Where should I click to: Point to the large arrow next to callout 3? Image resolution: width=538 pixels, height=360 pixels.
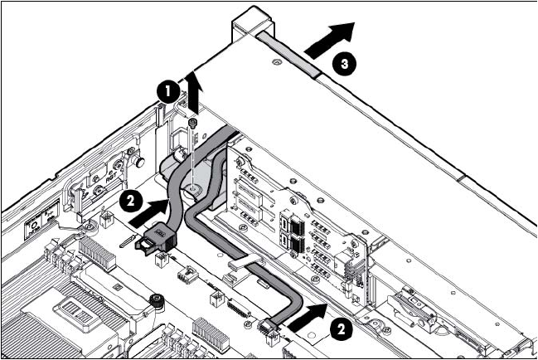pos(330,39)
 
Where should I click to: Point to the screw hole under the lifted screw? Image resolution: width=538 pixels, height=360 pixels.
pos(192,190)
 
